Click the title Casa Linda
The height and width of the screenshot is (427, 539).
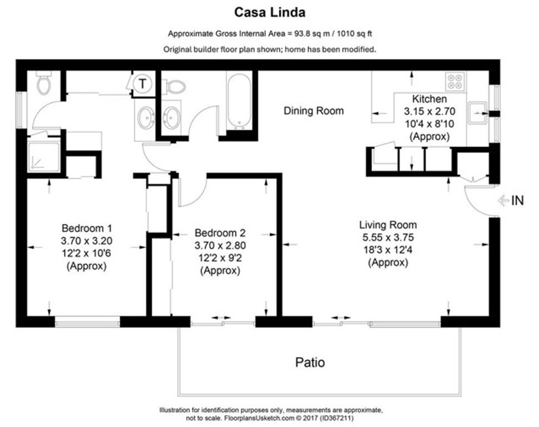click(269, 12)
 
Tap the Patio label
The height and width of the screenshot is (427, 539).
click(309, 363)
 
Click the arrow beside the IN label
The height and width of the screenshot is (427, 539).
click(504, 201)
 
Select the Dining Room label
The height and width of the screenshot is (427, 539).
click(314, 111)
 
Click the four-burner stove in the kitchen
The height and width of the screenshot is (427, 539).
click(456, 82)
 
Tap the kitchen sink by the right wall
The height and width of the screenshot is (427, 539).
click(477, 113)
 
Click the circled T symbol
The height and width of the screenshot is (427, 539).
click(143, 84)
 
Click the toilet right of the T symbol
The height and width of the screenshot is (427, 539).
click(175, 86)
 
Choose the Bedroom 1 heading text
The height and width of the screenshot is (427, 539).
click(87, 228)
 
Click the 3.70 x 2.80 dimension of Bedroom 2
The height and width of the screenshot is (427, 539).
click(220, 245)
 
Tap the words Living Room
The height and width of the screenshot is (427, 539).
click(388, 225)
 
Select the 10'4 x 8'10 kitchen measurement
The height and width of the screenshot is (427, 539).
click(429, 124)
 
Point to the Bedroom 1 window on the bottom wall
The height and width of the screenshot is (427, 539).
click(87, 321)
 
